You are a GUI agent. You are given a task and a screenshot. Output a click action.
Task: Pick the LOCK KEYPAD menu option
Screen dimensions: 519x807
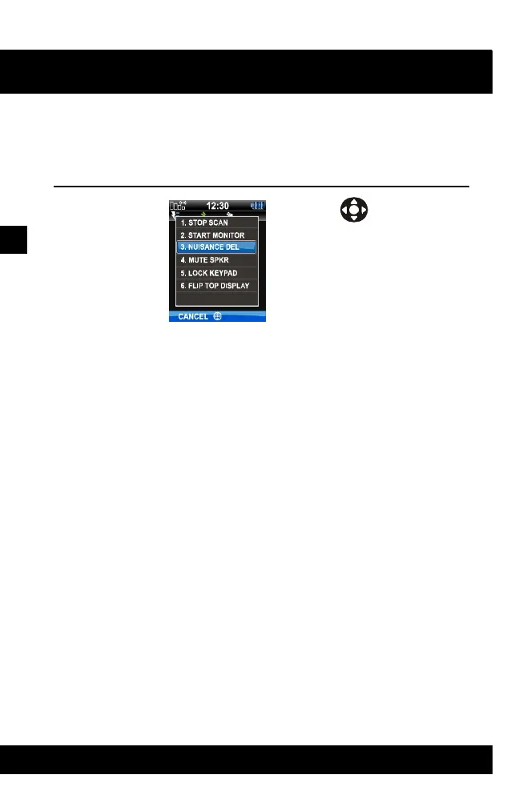207,273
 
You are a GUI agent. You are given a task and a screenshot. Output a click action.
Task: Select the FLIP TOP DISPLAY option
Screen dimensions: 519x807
214,286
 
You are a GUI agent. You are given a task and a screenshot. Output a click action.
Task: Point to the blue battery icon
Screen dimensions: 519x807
257,206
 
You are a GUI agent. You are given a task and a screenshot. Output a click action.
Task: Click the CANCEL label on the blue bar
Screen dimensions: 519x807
193,316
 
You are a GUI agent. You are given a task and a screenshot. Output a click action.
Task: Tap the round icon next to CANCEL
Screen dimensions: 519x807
217,316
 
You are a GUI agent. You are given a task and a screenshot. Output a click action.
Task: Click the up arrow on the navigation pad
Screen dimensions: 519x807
354,201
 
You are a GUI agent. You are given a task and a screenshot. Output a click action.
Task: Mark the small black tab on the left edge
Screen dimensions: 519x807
14,239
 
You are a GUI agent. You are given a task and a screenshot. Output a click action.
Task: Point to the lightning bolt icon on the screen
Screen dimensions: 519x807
174,215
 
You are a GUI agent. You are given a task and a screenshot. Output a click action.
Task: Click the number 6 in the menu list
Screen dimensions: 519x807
182,286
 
